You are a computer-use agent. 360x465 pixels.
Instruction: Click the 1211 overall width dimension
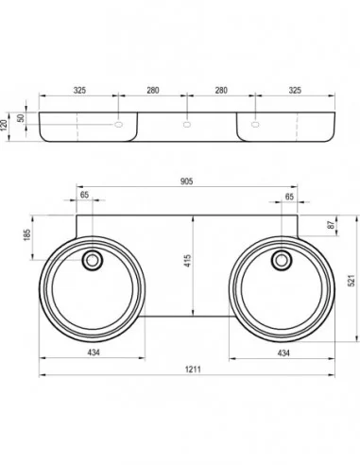193,369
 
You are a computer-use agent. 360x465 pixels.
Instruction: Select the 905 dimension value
186,181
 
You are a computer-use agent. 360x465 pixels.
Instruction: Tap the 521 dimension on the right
351,281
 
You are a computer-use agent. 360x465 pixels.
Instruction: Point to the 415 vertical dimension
187,261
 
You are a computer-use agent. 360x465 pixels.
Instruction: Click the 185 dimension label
27,235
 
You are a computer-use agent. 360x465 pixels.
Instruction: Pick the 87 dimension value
331,225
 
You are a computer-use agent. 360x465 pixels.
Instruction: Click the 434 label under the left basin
94,353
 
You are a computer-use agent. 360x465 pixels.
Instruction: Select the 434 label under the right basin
283,353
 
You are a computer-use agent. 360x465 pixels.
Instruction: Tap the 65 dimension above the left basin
84,195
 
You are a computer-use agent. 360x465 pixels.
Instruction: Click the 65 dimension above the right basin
289,197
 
